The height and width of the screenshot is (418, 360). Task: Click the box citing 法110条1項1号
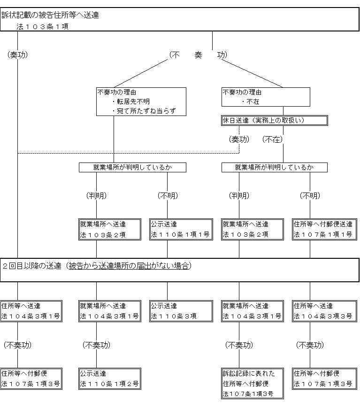(x=181, y=230)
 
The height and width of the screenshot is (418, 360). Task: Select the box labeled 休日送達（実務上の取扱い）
(x=275, y=121)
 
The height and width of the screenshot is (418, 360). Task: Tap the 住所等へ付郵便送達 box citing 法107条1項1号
(x=324, y=230)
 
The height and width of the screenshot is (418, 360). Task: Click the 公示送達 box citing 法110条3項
(x=181, y=311)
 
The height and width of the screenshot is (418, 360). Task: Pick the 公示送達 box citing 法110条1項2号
(x=110, y=379)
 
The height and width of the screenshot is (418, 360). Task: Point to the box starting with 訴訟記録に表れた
(x=253, y=384)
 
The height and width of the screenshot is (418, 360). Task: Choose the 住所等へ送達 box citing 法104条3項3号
(x=324, y=311)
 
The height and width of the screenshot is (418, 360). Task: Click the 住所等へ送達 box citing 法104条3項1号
(x=31, y=311)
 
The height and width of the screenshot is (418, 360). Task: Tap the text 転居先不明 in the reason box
(x=133, y=101)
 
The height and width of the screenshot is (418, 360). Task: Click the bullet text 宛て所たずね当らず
(x=146, y=111)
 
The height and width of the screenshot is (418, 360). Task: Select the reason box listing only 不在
(x=266, y=97)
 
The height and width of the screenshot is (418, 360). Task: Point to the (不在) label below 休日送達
(x=272, y=139)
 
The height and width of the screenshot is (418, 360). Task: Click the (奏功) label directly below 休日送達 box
(x=239, y=139)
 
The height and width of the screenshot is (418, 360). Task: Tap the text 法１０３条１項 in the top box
(x=43, y=27)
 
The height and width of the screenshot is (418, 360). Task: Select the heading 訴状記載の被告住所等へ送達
(x=50, y=15)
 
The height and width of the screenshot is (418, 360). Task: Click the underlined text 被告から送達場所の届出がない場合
(x=129, y=266)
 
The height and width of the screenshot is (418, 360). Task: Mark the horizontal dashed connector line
(x=128, y=153)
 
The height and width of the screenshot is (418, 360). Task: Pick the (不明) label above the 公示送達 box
(x=168, y=196)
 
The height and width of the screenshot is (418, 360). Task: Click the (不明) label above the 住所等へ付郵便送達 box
(x=310, y=196)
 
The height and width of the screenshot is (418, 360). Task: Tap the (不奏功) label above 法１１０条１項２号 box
(x=97, y=345)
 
